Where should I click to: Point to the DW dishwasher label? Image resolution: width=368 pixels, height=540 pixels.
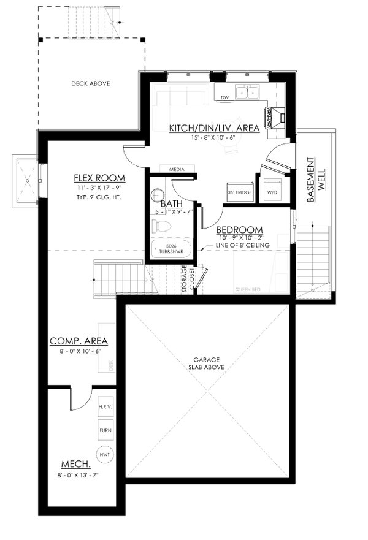click(224, 97)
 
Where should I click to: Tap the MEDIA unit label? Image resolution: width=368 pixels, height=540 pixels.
click(178, 169)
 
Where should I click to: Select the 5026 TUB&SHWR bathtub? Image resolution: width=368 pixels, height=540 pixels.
click(171, 249)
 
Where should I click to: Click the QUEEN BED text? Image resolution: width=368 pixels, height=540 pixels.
click(248, 289)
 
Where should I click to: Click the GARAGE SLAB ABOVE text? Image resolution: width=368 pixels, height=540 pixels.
click(207, 363)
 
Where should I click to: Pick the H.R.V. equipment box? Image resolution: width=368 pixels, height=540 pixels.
click(105, 406)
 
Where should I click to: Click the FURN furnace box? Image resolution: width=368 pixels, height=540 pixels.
click(105, 430)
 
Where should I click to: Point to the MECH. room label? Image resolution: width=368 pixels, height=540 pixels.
click(76, 463)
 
